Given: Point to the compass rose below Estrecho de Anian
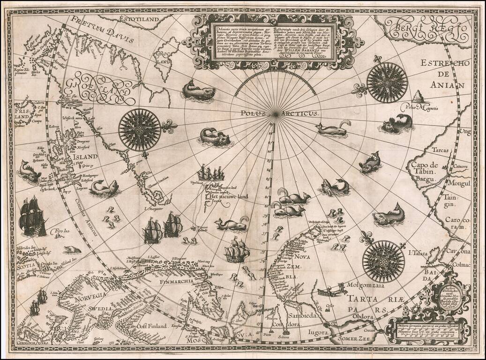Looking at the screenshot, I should tap(387, 82).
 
